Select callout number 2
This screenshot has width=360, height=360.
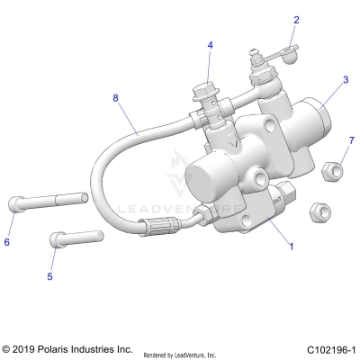coord(296,19)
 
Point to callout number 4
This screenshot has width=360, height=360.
coord(210,45)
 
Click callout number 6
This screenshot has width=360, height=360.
coord(8,241)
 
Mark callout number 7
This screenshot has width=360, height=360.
coord(352,139)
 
